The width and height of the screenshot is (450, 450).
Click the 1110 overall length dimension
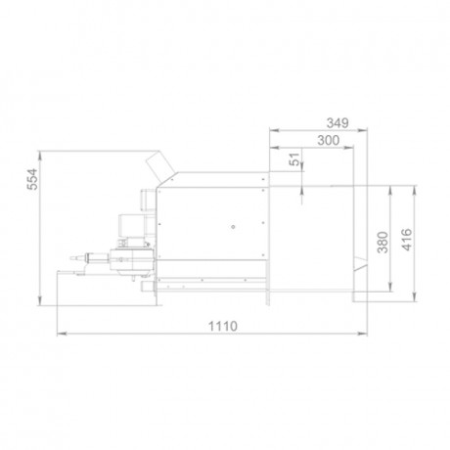[x=223, y=326]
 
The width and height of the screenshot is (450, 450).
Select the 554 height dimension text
[x=32, y=179]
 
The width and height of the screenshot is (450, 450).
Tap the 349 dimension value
[x=337, y=123]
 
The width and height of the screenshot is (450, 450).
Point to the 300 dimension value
[x=329, y=140]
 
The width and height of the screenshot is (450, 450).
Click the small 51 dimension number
[x=294, y=159]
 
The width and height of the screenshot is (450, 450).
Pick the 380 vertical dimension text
[x=382, y=243]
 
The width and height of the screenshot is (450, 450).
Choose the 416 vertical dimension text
[x=407, y=240]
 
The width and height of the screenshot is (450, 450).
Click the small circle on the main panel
[x=233, y=227]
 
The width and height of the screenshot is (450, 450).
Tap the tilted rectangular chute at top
[x=159, y=167]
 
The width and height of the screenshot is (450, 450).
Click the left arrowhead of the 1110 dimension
[x=62, y=334]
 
